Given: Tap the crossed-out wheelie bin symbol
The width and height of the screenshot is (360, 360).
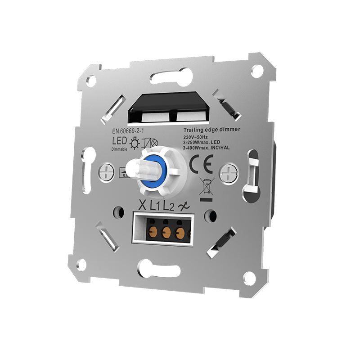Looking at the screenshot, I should coord(207,185).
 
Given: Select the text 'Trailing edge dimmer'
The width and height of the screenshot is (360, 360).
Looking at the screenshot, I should coord(211,129).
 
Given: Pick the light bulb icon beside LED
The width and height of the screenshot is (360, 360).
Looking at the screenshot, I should coord(134,144).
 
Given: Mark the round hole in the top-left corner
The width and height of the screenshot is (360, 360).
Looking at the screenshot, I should coord(92,81).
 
